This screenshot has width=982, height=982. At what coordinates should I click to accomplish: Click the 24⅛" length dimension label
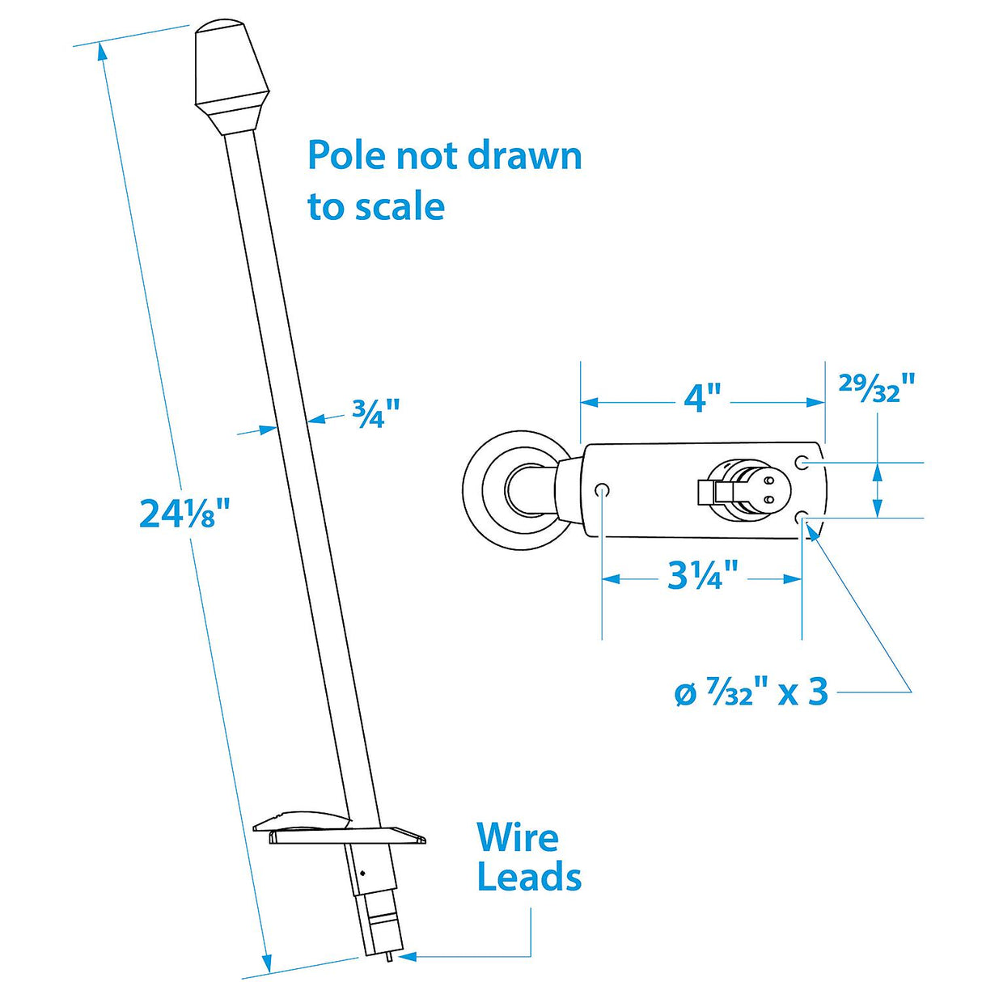[185, 514]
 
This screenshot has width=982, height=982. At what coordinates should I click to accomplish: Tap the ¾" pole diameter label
[376, 415]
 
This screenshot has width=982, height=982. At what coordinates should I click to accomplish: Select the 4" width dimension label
[701, 398]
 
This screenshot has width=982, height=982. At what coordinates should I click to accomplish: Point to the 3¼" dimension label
[703, 576]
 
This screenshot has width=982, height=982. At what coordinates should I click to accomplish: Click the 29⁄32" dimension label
[877, 390]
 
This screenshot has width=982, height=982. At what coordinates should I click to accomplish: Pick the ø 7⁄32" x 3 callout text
[751, 692]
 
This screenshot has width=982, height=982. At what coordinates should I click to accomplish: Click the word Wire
[518, 838]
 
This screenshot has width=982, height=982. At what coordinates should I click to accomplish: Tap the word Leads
[529, 878]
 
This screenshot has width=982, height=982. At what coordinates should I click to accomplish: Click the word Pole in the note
[346, 155]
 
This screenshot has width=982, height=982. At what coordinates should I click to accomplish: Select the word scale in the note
[400, 206]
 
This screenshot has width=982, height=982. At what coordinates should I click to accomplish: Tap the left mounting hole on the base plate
[602, 490]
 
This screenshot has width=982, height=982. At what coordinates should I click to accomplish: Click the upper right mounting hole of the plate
[802, 463]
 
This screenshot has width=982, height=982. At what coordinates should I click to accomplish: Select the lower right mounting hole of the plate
[802, 518]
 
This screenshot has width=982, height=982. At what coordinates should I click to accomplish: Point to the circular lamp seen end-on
[511, 490]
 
